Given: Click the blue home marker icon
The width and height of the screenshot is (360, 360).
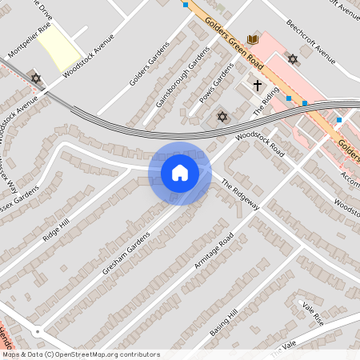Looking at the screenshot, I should click(x=180, y=173).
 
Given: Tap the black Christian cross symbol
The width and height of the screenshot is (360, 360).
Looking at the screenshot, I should click(x=258, y=84).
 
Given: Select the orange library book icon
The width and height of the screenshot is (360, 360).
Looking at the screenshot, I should click(x=254, y=39).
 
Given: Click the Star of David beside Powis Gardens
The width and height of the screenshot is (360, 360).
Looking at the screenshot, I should click(x=222, y=118).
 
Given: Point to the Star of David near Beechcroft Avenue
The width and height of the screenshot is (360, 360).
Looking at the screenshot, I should click(x=292, y=59).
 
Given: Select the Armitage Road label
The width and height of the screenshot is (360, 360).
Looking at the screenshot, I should click(x=213, y=251).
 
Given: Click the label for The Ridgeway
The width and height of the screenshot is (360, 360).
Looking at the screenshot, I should click(x=241, y=194).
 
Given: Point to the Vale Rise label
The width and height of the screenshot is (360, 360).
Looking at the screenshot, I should click(x=313, y=312).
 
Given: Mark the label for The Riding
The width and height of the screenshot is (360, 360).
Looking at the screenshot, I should click(x=267, y=100).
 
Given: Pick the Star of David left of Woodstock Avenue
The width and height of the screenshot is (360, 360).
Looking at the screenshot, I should click(x=35, y=78).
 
